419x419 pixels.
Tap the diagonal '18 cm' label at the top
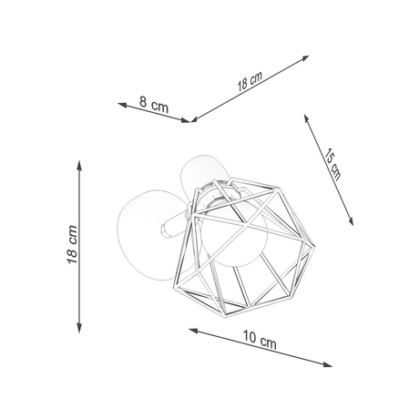tap(250, 82)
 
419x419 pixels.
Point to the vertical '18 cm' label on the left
tap(73, 246)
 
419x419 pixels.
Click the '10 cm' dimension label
tap(260, 343)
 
